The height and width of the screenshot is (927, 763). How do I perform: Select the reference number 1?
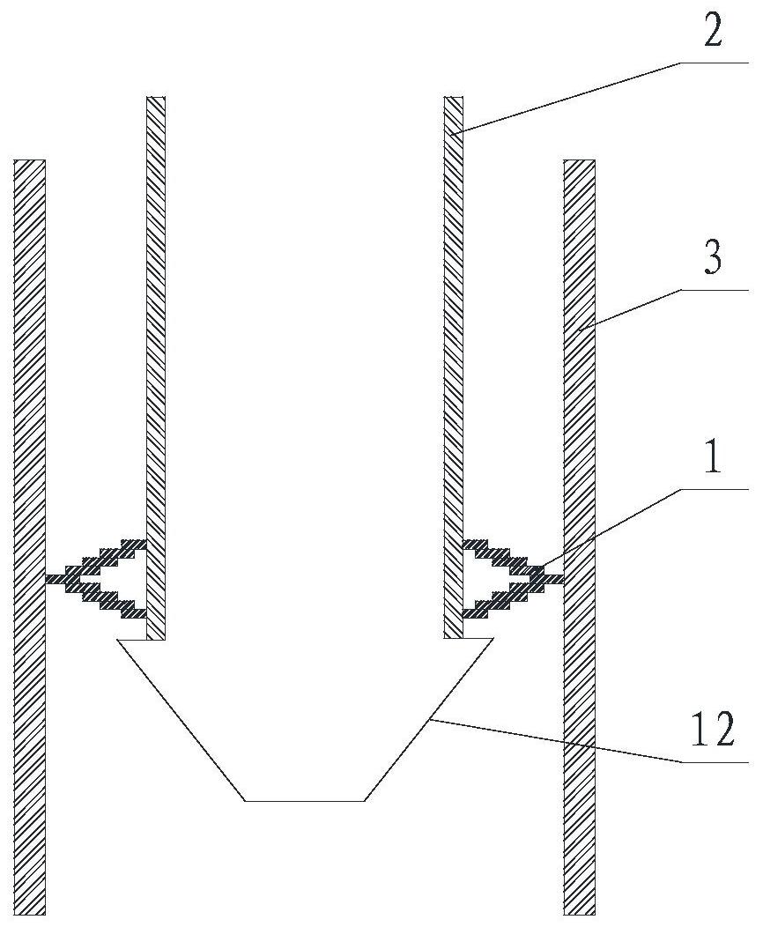click(x=714, y=456)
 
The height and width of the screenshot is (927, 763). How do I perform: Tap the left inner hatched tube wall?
click(x=155, y=367)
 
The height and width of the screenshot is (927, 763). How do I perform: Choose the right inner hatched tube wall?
click(x=454, y=367)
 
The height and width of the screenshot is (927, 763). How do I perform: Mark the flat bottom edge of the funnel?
click(x=304, y=801)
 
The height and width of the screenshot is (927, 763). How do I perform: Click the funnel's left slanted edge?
click(x=181, y=720)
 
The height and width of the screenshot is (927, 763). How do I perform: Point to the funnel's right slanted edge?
click(x=428, y=720)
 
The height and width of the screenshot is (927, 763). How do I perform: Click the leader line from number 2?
click(x=603, y=99)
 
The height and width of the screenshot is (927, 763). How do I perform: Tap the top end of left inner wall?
click(x=155, y=96)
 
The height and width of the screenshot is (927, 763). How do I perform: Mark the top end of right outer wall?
click(x=579, y=159)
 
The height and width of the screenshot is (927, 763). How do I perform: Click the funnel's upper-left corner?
click(x=117, y=639)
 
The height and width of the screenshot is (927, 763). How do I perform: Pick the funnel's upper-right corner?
click(x=493, y=639)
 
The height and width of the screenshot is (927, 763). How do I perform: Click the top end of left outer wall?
click(x=30, y=159)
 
